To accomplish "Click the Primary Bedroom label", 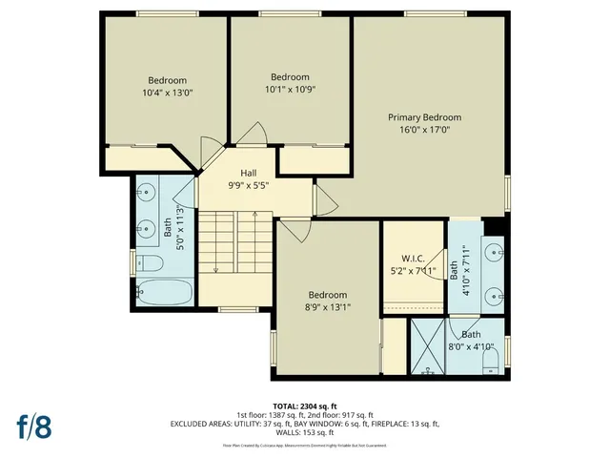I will [424, 117].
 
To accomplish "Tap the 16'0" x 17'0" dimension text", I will [424, 130].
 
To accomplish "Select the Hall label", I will [248, 173].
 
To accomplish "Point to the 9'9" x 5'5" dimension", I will [248, 185].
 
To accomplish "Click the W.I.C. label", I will [413, 259].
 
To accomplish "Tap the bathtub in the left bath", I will [165, 292].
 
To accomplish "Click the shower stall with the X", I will [429, 350].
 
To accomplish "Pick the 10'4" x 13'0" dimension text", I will [167, 94].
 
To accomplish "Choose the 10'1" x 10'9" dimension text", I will [291, 90].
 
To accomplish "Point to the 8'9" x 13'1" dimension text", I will [327, 307].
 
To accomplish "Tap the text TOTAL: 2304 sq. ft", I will [305, 405].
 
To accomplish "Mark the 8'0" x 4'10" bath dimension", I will [471, 346].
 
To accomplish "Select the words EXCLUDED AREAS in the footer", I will [201, 424].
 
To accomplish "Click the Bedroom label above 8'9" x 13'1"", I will [327, 295].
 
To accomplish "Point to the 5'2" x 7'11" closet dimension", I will [413, 271].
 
